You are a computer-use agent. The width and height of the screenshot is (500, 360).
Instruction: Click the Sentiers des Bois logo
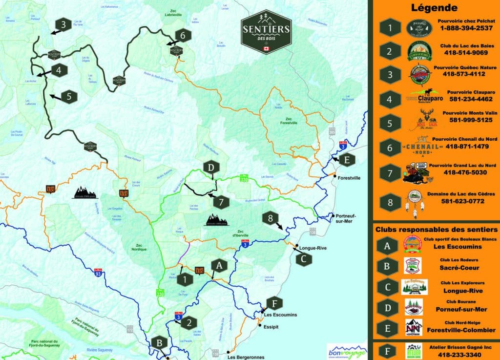pos(266,32)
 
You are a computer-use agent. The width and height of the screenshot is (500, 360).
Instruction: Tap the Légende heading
pos(434,8)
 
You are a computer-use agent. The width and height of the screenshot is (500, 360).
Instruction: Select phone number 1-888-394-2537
pos(467,28)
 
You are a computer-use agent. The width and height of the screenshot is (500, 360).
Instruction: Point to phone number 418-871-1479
pos(467,147)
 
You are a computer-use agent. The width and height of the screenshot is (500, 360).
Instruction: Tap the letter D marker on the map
pos(211,168)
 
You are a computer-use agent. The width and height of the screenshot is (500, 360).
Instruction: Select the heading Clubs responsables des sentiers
pos(436,229)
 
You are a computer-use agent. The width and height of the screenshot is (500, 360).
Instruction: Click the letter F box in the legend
pos(387,351)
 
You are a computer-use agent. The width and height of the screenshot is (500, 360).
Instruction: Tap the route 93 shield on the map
pos(98,274)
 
